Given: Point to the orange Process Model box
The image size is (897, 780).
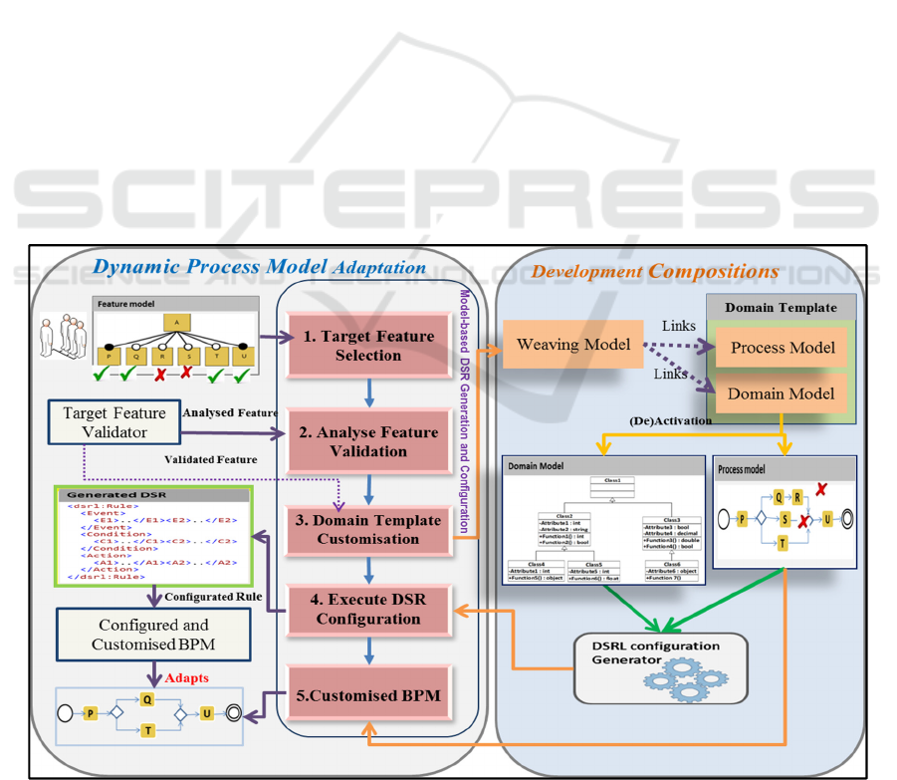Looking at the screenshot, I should pos(782,348).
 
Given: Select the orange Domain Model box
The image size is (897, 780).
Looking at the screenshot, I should pos(782,393).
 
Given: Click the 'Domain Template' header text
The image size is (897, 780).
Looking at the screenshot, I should pos(781,307).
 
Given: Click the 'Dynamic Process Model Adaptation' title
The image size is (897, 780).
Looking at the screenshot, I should pos(259,268).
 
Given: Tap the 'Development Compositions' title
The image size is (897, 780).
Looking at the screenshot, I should pos(655,271).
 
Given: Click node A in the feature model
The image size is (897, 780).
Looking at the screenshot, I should pos(176,322).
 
